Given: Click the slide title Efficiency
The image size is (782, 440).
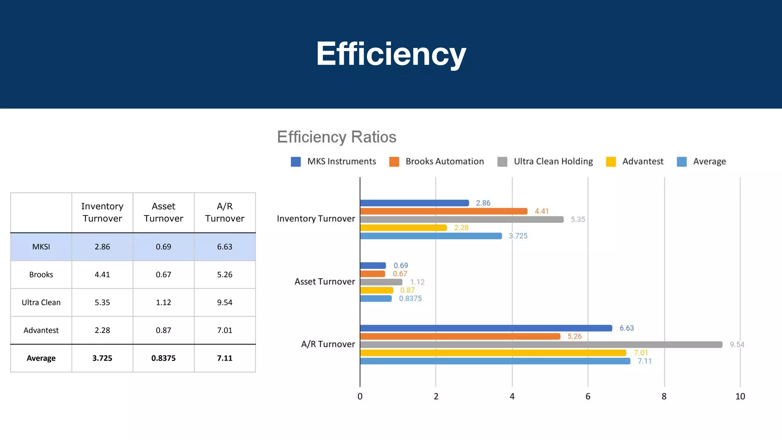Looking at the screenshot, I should pyautogui.click(x=391, y=54).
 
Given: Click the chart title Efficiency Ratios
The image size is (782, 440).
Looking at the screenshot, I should pyautogui.click(x=336, y=137).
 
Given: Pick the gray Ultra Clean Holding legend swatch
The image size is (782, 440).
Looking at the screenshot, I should pyautogui.click(x=502, y=162).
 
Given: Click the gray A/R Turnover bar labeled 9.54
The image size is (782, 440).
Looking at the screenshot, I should pyautogui.click(x=541, y=345).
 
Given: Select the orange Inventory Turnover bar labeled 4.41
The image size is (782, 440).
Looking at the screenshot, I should pyautogui.click(x=443, y=211).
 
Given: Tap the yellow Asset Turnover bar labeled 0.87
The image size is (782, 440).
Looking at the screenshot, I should pyautogui.click(x=376, y=290).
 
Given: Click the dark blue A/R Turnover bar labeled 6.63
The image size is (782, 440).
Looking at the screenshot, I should pyautogui.click(x=486, y=328).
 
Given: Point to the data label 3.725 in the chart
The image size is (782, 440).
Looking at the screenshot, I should pyautogui.click(x=518, y=236).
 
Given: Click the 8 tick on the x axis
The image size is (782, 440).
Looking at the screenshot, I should pyautogui.click(x=664, y=396).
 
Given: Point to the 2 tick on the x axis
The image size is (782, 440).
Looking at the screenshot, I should pyautogui.click(x=436, y=396).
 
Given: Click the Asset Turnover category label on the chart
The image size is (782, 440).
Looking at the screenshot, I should pyautogui.click(x=325, y=282).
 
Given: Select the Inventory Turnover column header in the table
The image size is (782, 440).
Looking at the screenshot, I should pyautogui.click(x=102, y=212).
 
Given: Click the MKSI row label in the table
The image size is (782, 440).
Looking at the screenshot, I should pyautogui.click(x=41, y=247).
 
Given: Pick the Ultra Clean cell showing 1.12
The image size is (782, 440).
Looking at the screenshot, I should pyautogui.click(x=163, y=302).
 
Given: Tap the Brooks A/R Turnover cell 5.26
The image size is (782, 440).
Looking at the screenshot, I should pyautogui.click(x=225, y=275).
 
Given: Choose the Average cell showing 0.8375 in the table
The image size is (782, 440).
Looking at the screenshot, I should pyautogui.click(x=163, y=358).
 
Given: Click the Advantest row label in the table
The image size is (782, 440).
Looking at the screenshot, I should pyautogui.click(x=41, y=330).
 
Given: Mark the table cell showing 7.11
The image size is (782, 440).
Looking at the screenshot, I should pyautogui.click(x=225, y=358).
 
